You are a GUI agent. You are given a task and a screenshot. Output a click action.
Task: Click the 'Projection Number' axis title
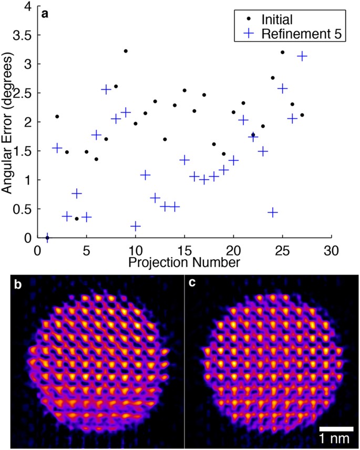click(184, 260)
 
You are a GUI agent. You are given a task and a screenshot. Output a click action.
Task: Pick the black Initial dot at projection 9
click(126, 51)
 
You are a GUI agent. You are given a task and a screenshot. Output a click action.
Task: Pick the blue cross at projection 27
click(302, 56)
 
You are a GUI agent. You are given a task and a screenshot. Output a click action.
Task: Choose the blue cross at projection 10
click(136, 226)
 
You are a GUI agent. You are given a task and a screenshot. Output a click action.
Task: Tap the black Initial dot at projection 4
click(77, 219)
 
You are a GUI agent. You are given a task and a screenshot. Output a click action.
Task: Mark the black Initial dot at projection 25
click(282, 52)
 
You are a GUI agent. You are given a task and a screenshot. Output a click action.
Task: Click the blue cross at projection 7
click(106, 89)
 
